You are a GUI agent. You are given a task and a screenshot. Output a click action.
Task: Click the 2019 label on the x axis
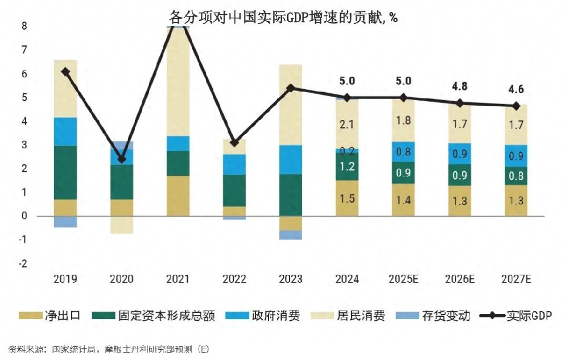click(x=65, y=279)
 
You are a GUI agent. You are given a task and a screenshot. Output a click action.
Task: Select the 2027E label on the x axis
click(x=516, y=279)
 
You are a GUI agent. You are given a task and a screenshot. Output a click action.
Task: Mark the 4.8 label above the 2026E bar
click(x=460, y=87)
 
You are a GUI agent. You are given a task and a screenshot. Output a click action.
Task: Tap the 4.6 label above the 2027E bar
click(x=516, y=90)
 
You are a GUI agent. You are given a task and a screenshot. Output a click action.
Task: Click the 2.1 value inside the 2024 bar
click(x=347, y=124)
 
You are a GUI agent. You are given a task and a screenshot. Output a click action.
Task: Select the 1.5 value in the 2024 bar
click(x=347, y=198)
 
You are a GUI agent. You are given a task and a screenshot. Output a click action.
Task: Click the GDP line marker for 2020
click(x=122, y=159)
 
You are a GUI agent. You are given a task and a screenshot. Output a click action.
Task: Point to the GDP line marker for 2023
click(x=291, y=88)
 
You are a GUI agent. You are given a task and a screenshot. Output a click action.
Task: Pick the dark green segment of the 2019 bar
click(x=65, y=172)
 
